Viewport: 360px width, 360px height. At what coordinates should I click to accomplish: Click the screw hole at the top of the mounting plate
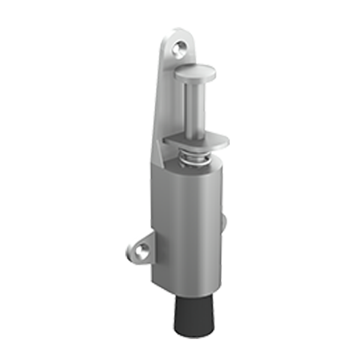pos(179,47)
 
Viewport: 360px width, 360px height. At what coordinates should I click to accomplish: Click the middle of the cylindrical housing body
pos(186,228)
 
